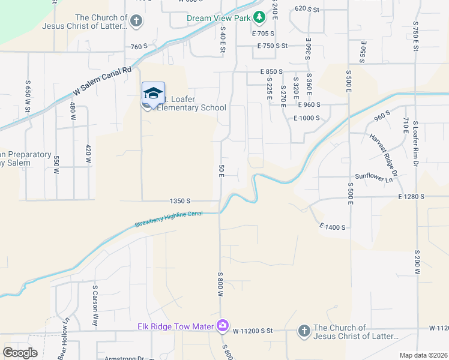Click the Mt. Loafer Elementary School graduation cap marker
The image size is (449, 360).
pyautogui.click(x=153, y=94)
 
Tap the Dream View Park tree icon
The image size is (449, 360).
pyautogui.click(x=259, y=17)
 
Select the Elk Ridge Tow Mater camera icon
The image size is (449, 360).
pyautogui.click(x=223, y=325)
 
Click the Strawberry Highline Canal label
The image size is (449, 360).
pyautogui.click(x=169, y=218)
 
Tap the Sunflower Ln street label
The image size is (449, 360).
pyautogui.click(x=376, y=177)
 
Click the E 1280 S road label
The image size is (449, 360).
pyautogui.click(x=411, y=196)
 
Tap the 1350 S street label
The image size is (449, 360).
pyautogui.click(x=180, y=201)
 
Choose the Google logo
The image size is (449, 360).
pyautogui.click(x=20, y=353)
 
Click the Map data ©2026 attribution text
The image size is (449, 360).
pyautogui.click(x=424, y=355)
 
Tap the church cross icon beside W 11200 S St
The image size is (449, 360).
pyautogui.click(x=304, y=331)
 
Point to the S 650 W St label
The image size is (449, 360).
pyautogui.click(x=28, y=95)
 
